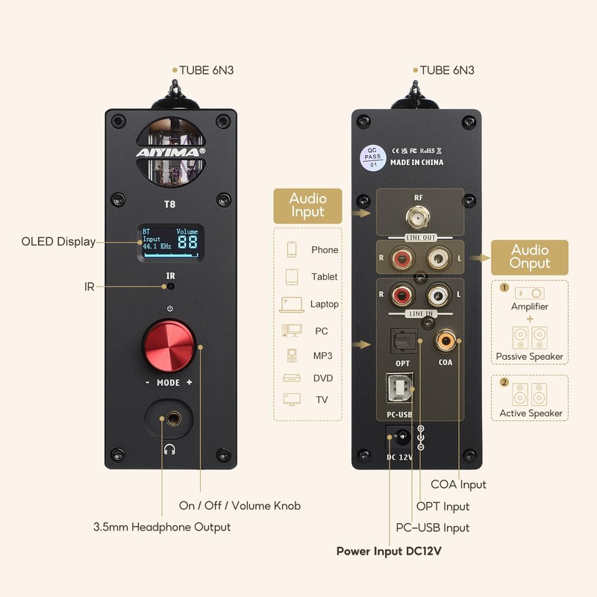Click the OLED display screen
tap(170, 242)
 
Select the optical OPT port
tap(403, 340)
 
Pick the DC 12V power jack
tap(401, 436)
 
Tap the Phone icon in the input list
tap(292, 249)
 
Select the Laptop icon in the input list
tap(292, 304)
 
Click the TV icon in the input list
tap(292, 399)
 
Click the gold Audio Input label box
tap(307, 206)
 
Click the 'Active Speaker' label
tap(530, 413)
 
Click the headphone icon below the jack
tap(170, 450)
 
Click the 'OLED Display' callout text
tap(58, 242)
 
